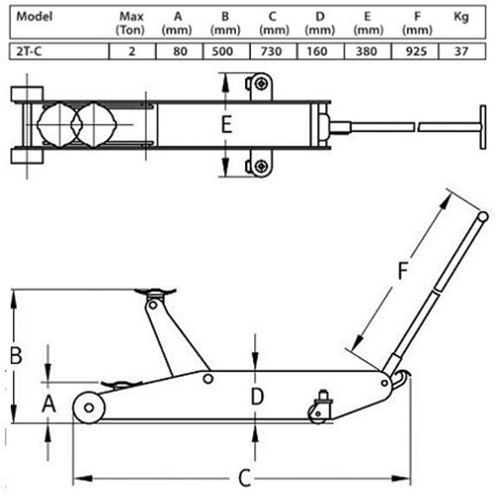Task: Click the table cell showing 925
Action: [x=416, y=52]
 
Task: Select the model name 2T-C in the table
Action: [x=29, y=52]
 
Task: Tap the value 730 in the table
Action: [x=271, y=52]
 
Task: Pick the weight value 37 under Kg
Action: [x=461, y=52]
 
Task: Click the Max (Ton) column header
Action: [x=131, y=23]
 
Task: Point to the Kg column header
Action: [x=461, y=17]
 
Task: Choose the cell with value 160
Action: [x=316, y=52]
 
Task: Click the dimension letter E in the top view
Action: [x=226, y=125]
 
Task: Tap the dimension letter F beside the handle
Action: [x=403, y=271]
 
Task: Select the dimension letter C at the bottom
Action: [x=245, y=478]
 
